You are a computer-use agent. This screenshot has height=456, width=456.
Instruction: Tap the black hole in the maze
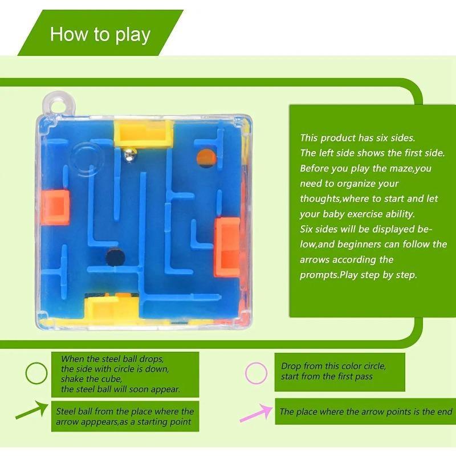[113, 256]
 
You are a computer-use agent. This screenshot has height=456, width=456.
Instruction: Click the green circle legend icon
[37, 374]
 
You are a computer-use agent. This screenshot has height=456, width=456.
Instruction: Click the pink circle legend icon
[256, 373]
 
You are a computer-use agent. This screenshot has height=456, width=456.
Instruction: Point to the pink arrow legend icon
[255, 412]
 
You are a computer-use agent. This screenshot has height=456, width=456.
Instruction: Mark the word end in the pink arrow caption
[443, 412]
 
